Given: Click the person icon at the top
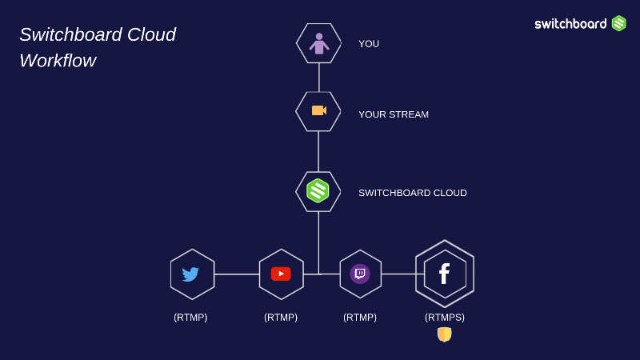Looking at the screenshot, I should pyautogui.click(x=319, y=43).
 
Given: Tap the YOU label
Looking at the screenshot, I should pyautogui.click(x=369, y=44).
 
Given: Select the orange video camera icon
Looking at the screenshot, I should pyautogui.click(x=318, y=110).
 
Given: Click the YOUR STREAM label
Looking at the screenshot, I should pyautogui.click(x=394, y=114).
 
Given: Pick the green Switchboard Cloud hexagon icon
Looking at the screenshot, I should pyautogui.click(x=318, y=190).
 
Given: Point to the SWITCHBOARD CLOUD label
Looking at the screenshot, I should pyautogui.click(x=413, y=193).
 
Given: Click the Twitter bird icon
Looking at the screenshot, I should pyautogui.click(x=190, y=274).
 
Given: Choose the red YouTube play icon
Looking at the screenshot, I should pyautogui.click(x=281, y=274).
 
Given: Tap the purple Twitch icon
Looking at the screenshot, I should pyautogui.click(x=360, y=274).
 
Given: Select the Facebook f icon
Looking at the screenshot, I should pyautogui.click(x=444, y=274).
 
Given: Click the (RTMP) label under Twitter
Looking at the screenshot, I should pyautogui.click(x=190, y=318).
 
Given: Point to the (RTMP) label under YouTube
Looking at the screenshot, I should pyautogui.click(x=281, y=318).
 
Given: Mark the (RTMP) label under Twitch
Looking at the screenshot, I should pyautogui.click(x=360, y=318).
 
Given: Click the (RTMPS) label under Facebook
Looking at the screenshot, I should pyautogui.click(x=445, y=318).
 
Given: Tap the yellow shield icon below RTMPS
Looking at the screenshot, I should pyautogui.click(x=444, y=334).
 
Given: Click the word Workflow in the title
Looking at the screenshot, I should pyautogui.click(x=58, y=61).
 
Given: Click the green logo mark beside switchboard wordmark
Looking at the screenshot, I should pyautogui.click(x=619, y=23).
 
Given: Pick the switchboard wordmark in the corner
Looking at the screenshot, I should pyautogui.click(x=570, y=24).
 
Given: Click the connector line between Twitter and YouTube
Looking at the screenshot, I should pyautogui.click(x=237, y=274).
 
